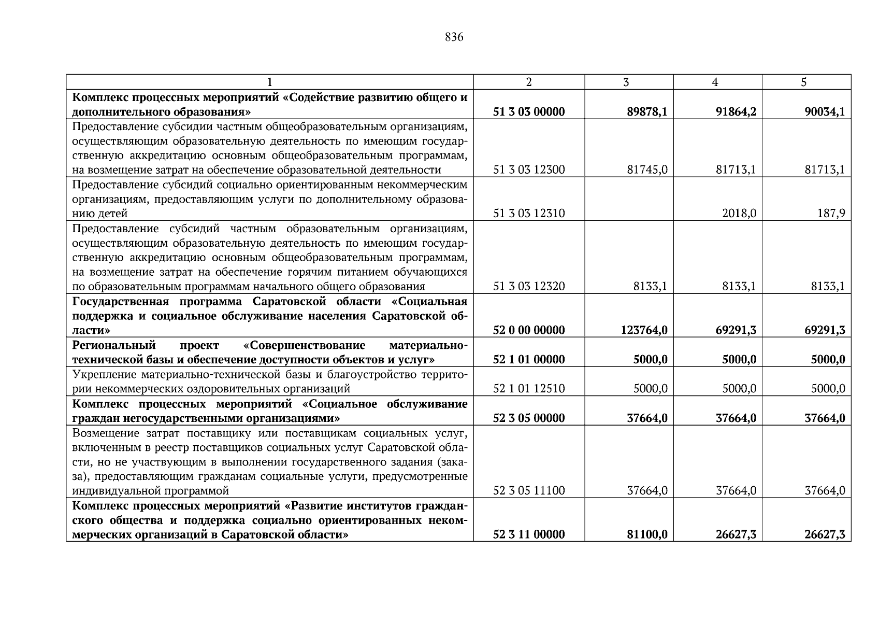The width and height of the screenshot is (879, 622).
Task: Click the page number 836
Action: click(x=454, y=37)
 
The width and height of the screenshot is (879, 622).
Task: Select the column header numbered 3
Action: click(x=626, y=82)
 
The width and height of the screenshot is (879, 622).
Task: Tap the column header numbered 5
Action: click(x=803, y=82)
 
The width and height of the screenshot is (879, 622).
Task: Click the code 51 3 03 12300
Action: click(x=529, y=170)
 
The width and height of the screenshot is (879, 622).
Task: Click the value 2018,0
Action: click(x=739, y=214)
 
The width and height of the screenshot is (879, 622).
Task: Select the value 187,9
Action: click(x=831, y=214)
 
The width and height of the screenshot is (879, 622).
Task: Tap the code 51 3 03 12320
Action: click(x=529, y=287)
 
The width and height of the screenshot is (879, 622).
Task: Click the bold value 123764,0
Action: click(x=644, y=330)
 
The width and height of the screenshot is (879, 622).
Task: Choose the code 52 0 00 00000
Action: click(x=529, y=330)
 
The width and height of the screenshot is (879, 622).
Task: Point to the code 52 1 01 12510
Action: click(x=529, y=389)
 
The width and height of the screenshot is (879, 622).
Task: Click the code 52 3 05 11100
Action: click(x=529, y=491)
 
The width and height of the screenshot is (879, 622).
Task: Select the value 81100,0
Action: click(x=646, y=534)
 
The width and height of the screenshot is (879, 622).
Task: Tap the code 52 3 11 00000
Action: click(x=529, y=534)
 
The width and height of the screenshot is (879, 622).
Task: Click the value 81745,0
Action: click(x=646, y=170)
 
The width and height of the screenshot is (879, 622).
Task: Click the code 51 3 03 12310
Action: click(x=529, y=214)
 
